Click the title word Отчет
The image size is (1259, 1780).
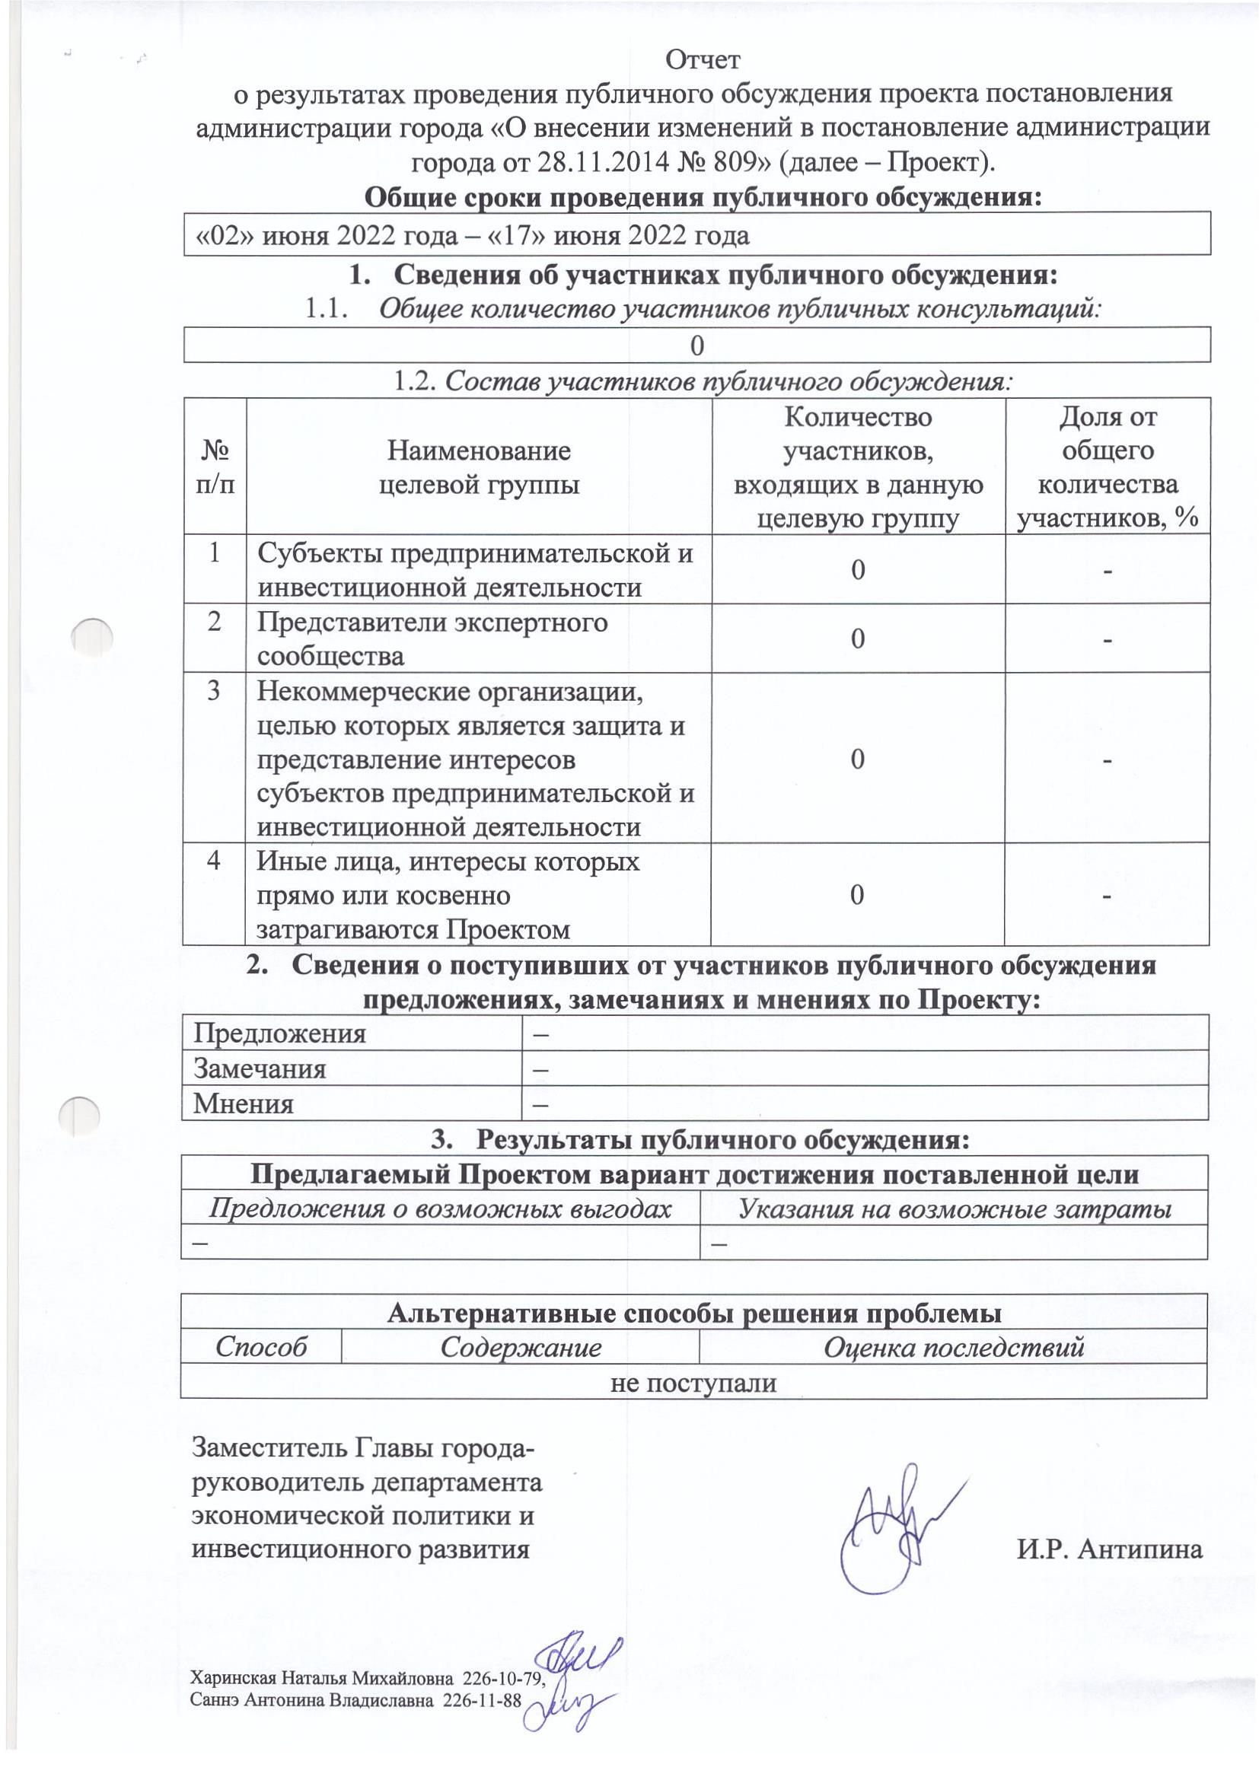703,59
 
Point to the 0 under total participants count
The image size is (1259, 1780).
697,345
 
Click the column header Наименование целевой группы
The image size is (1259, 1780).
478,467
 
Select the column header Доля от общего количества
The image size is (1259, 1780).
1107,467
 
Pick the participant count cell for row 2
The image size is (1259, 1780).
857,638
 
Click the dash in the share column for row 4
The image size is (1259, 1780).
1108,896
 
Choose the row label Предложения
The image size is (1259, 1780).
279,1034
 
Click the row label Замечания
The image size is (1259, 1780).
260,1069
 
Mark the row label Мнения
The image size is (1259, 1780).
244,1103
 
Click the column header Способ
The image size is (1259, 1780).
260,1347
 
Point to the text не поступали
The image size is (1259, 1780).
693,1382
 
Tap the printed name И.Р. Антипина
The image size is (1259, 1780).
1109,1549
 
